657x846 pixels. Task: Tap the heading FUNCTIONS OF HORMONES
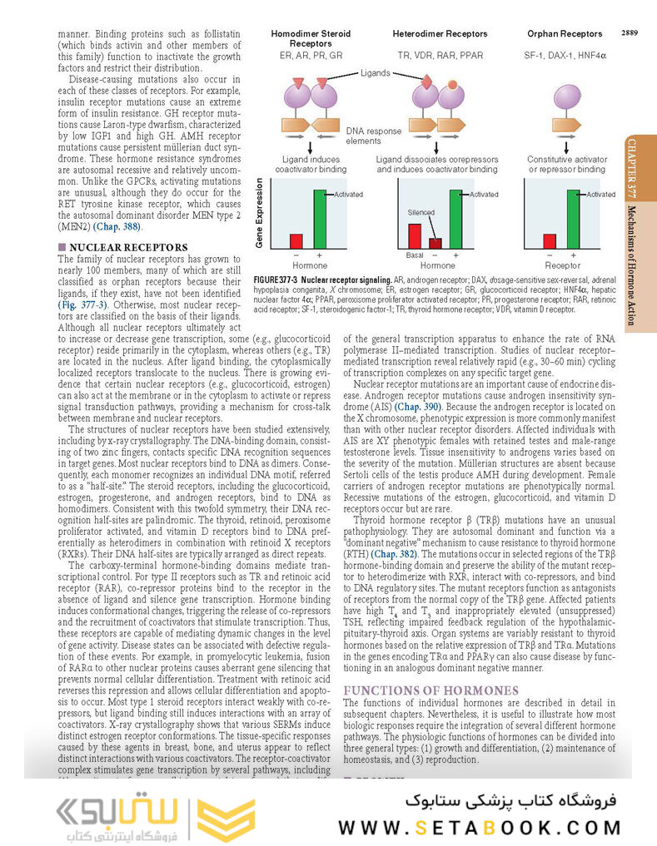pos(431,690)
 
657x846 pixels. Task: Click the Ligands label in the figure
pos(375,73)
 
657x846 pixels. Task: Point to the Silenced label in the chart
pos(421,212)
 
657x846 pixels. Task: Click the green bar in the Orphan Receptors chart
pos(573,219)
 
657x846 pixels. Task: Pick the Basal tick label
pos(414,256)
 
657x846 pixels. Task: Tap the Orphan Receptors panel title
pos(565,34)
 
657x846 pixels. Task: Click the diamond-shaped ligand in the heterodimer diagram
pos(427,82)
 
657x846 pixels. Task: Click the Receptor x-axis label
pos(563,266)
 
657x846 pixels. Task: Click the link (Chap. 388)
pos(117,226)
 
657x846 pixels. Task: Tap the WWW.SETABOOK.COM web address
pos(480,828)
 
